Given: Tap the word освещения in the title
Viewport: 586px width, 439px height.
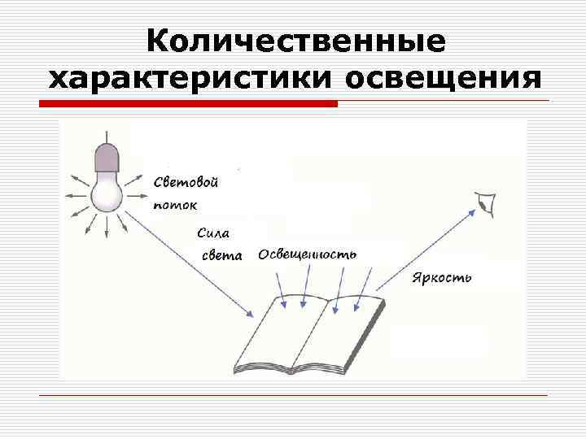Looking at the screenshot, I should [x=444, y=79].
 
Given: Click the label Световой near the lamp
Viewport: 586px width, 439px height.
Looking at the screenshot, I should [x=186, y=182].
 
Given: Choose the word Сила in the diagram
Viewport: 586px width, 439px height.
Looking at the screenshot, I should [x=214, y=232].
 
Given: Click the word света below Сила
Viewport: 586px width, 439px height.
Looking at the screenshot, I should [x=221, y=254].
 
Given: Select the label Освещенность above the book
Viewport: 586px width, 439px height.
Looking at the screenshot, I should [x=308, y=254].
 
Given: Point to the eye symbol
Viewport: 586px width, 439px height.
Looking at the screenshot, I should [x=487, y=202].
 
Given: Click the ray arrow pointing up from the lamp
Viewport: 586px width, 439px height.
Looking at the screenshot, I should [x=105, y=137].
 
